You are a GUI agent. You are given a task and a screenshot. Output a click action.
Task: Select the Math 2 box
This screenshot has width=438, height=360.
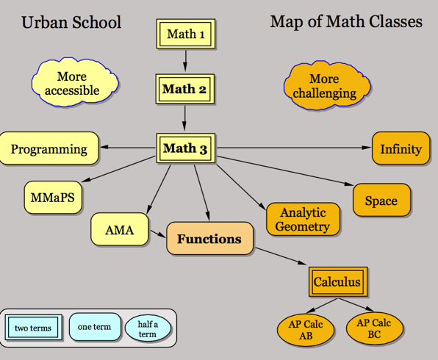point(184,90)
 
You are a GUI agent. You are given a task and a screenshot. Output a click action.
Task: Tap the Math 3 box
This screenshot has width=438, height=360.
point(184,148)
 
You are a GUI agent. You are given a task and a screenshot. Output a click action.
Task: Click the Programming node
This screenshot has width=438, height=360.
point(49,149)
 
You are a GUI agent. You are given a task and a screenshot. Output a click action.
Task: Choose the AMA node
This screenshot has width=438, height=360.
point(119,230)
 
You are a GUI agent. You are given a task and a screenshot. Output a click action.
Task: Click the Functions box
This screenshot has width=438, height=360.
point(209,240)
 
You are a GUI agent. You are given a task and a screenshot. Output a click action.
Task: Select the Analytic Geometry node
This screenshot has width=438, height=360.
point(302,219)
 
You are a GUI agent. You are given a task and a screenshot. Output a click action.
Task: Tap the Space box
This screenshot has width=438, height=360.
point(381,201)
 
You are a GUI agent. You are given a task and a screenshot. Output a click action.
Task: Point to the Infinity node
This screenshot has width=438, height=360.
point(401,149)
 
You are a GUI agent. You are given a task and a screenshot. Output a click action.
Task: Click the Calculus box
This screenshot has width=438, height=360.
point(337,281)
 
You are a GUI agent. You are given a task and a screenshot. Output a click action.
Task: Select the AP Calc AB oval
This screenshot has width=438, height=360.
point(306,329)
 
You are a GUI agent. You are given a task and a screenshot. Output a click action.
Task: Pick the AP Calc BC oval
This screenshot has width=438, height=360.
point(373,328)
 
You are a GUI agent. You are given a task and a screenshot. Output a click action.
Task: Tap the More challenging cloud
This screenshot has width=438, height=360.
point(324,86)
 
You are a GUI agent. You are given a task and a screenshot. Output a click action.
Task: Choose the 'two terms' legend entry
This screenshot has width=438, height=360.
point(33,328)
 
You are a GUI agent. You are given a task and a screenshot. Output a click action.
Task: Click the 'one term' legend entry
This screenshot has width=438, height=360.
point(94,327)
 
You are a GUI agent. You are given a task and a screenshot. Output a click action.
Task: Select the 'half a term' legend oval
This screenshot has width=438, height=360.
point(148,328)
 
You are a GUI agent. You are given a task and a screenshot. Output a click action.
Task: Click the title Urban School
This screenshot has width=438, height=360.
point(71,22)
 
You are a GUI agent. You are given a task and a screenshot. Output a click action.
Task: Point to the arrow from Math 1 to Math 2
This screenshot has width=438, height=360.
point(185,60)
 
